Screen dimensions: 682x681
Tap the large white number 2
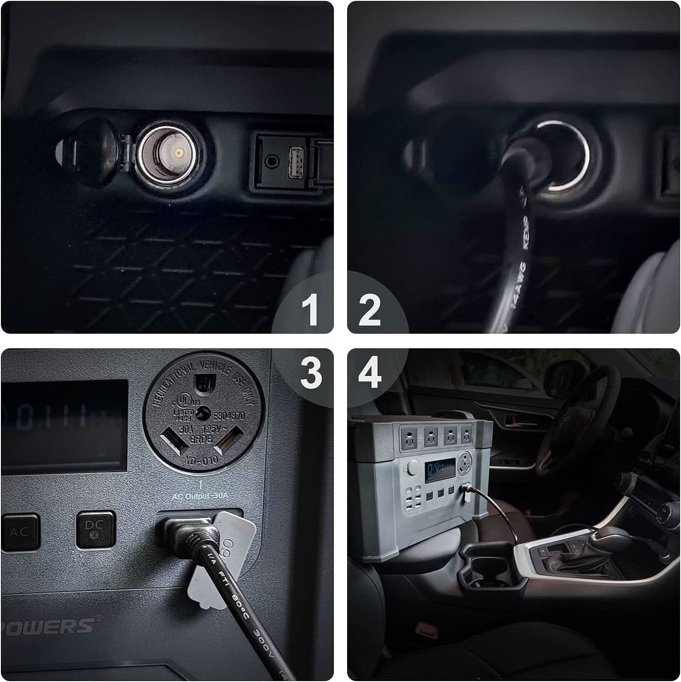click(x=369, y=310)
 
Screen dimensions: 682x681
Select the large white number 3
click(x=311, y=372)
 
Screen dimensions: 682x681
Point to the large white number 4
click(x=370, y=372)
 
